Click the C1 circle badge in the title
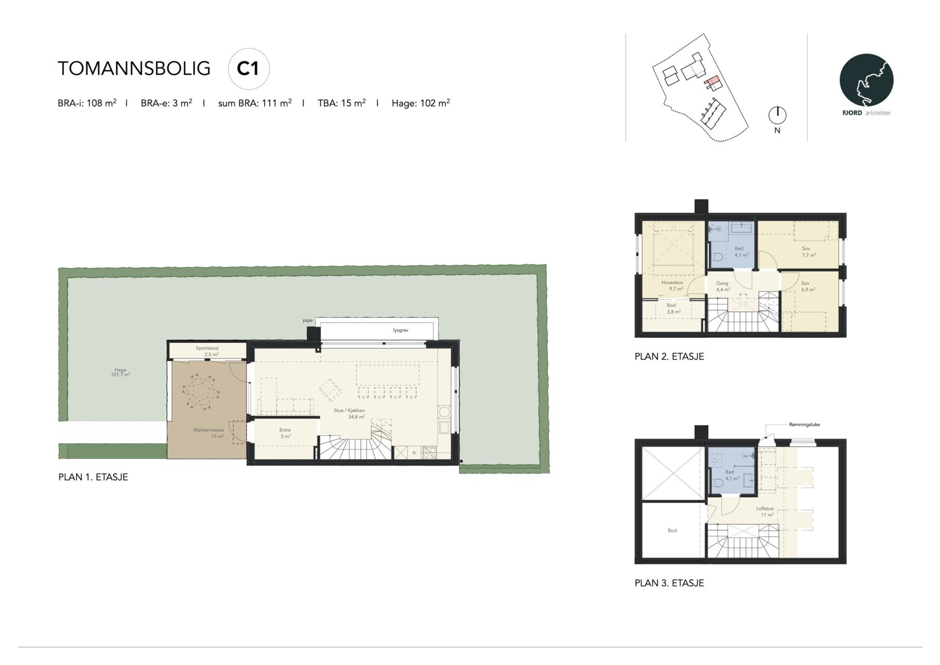[249, 69]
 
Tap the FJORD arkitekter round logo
[866, 81]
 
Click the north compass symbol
[777, 115]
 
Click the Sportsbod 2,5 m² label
[207, 351]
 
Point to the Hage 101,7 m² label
[120, 372]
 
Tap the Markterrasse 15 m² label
[209, 433]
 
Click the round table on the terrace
[202, 392]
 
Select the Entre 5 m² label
[285, 433]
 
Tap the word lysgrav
[400, 330]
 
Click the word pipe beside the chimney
[308, 321]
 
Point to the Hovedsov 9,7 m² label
[673, 286]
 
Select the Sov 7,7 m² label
[808, 252]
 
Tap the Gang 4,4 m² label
[723, 287]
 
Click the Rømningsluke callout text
[804, 424]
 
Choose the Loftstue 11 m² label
[766, 512]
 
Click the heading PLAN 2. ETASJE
[669, 356]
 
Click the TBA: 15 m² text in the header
[342, 103]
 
